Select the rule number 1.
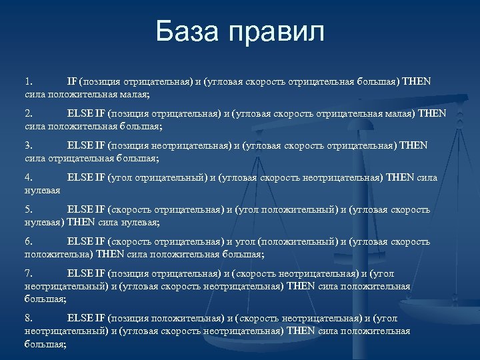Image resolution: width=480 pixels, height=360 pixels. (28, 81)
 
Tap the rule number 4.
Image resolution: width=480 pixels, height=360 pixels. (28, 177)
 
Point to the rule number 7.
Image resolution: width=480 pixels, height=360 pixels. (28, 273)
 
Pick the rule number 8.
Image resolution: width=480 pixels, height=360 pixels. (28, 318)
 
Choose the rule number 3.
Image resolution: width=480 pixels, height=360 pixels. (28, 145)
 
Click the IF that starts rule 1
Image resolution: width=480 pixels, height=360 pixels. (72, 81)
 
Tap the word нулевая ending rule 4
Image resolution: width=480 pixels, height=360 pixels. (43, 190)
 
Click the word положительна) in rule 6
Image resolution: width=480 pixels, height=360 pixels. (59, 254)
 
